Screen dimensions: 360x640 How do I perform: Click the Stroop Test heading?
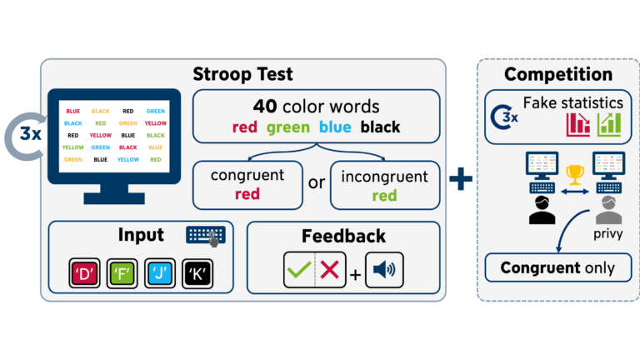[243, 74]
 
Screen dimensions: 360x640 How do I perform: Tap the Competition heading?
[552, 74]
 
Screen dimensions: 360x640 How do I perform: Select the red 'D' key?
[83, 272]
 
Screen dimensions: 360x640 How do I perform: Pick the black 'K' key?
[196, 272]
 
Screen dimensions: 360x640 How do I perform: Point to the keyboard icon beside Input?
[205, 236]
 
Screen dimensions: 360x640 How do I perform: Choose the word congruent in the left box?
[247, 175]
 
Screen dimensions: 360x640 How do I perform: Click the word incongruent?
[385, 175]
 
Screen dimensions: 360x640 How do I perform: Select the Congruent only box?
[557, 268]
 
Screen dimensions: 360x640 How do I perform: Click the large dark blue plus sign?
[460, 178]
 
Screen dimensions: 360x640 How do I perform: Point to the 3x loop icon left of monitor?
[27, 133]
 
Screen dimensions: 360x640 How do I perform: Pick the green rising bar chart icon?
[608, 124]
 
